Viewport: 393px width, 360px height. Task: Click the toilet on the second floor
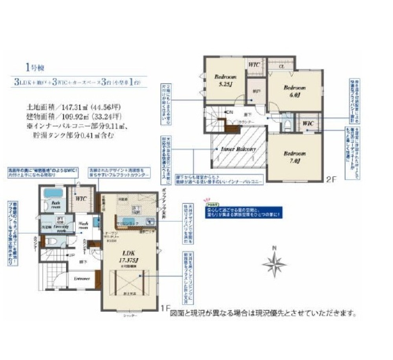click(x=287, y=125)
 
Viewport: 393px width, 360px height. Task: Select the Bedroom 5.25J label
click(x=225, y=80)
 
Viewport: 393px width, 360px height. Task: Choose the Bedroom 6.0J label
click(x=295, y=90)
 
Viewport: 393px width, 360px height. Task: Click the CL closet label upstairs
click(x=281, y=66)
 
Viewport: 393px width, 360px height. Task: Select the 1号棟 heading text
click(x=34, y=68)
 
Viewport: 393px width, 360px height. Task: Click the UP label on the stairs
click(x=72, y=256)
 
